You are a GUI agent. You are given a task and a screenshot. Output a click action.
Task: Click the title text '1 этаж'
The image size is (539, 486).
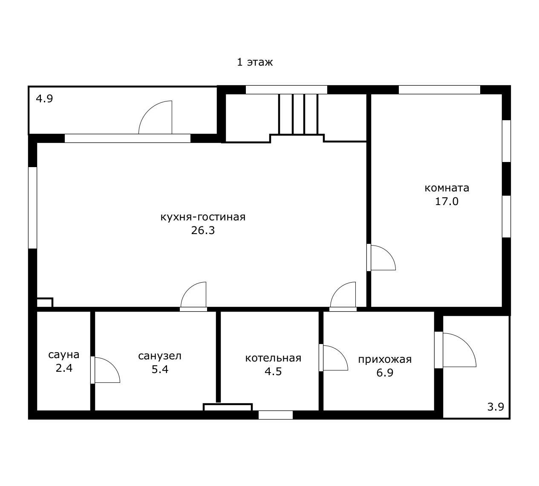pos(255,62)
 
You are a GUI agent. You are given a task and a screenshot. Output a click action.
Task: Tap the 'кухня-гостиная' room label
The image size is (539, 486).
pos(203,217)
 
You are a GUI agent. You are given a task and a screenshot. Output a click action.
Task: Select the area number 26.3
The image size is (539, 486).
pos(203,231)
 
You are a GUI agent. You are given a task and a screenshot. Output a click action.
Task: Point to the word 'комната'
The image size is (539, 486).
pos(447,188)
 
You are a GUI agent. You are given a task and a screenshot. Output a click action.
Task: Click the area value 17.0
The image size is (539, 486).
pos(447,201)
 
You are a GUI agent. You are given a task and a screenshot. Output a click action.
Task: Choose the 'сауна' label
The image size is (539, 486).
pos(63,355)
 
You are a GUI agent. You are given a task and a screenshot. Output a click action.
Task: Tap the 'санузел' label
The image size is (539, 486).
pos(160,356)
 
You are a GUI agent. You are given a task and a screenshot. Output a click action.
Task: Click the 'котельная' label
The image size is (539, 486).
pos(273,358)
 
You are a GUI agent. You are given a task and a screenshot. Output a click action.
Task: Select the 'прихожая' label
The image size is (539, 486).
pos(385,359)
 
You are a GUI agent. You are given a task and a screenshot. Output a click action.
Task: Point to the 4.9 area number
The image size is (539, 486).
pos(44,99)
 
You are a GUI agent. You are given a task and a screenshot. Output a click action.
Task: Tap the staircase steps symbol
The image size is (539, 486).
pos(298,114)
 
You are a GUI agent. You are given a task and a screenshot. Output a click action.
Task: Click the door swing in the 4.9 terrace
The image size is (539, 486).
pos(155,117)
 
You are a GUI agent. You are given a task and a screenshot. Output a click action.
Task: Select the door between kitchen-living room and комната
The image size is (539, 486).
pos(381,257)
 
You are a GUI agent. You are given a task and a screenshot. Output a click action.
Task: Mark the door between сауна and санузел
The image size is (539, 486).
pos(105,370)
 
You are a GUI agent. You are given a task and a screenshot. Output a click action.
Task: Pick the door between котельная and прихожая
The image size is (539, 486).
pos(334,358)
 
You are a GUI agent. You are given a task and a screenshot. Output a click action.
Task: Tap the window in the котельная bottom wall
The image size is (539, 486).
pos(275,415)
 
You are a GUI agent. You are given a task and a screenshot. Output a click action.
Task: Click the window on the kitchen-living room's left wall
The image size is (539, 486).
pos(32,208)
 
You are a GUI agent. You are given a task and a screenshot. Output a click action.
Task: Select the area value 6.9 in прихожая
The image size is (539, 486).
pos(385,373)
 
